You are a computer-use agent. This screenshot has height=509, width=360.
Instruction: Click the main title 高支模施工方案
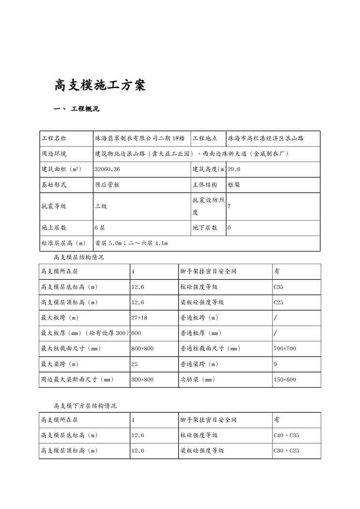[100, 86]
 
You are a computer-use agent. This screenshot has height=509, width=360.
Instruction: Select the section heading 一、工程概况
[76, 109]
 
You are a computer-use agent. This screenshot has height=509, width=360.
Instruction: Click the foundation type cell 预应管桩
[107, 184]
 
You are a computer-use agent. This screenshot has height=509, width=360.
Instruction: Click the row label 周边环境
[55, 153]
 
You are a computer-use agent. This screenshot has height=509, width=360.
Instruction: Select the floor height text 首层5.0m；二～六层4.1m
[131, 243]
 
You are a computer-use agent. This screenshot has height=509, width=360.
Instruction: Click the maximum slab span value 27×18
[139, 317]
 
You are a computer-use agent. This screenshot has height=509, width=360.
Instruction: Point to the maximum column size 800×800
[142, 348]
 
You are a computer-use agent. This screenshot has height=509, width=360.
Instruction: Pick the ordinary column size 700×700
[285, 348]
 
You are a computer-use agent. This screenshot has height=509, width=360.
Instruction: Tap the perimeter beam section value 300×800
[142, 380]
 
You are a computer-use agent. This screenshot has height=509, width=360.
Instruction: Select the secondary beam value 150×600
[285, 380]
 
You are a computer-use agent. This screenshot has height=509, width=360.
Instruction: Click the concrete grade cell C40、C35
[286, 435]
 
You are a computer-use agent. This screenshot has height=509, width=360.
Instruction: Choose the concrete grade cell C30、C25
[286, 450]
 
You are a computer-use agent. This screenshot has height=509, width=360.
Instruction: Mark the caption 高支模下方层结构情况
[85, 405]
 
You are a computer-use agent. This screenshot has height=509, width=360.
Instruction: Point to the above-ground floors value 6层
[100, 227]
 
